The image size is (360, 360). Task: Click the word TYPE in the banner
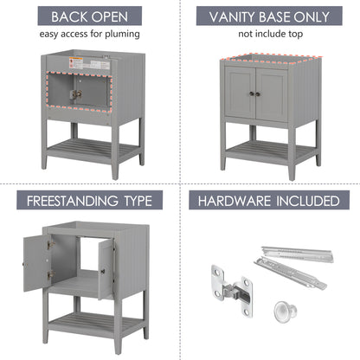[138, 201]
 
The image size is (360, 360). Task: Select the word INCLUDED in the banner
[305, 201]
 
